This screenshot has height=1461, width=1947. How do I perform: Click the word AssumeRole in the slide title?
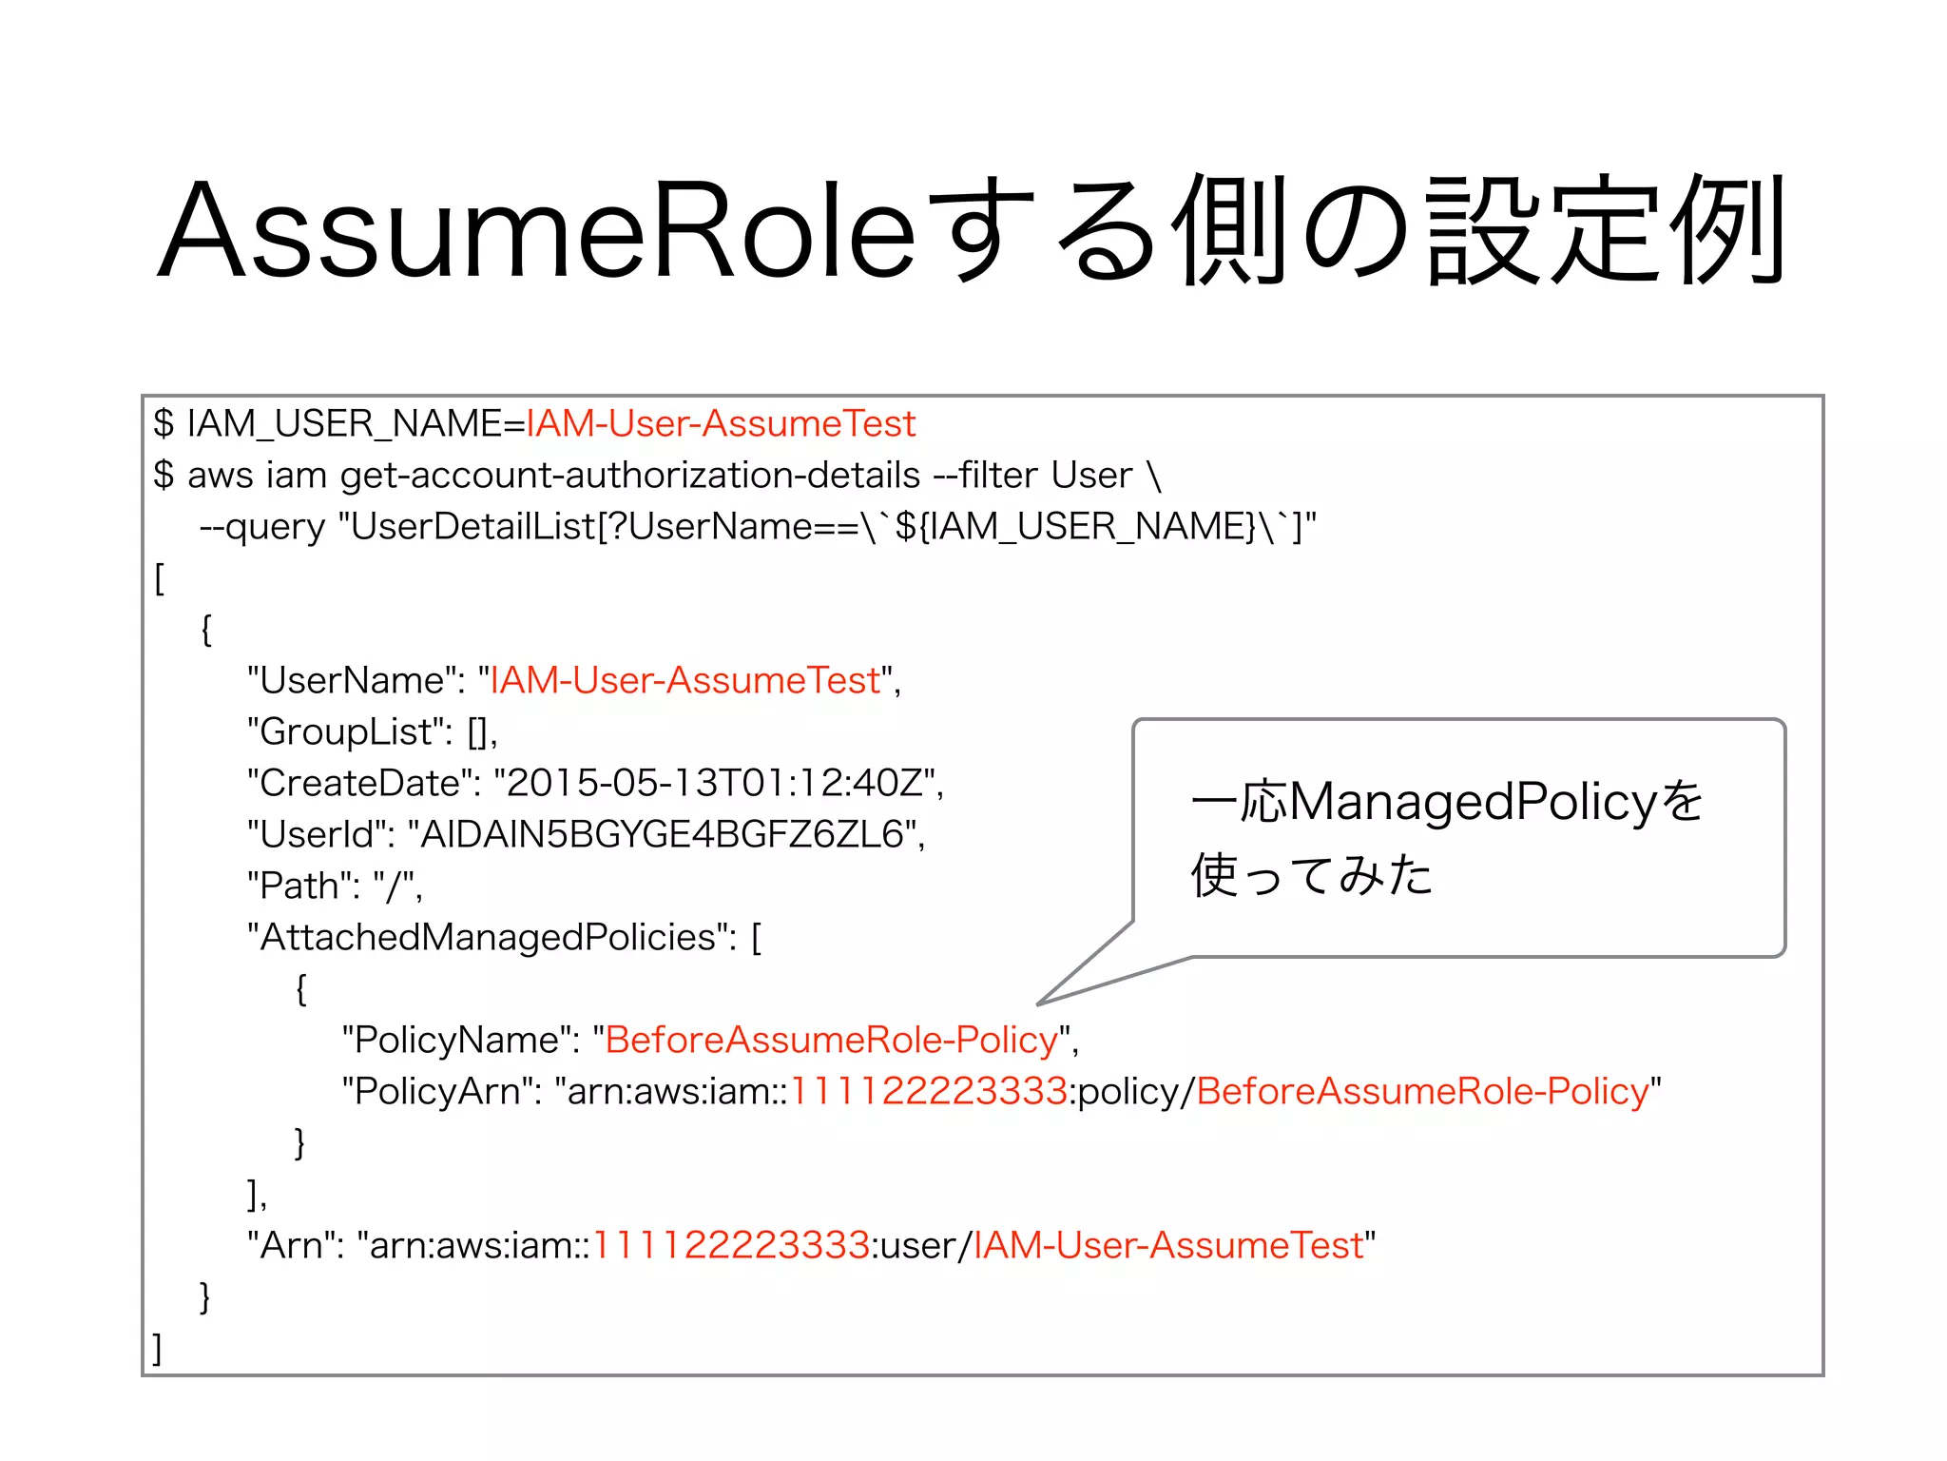[x=537, y=231]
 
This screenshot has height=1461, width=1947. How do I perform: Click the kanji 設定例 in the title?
[x=1607, y=231]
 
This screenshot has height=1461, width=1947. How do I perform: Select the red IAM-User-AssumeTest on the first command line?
[x=721, y=423]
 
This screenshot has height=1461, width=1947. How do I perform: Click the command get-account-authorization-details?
[x=630, y=475]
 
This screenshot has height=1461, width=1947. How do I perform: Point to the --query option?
[x=262, y=526]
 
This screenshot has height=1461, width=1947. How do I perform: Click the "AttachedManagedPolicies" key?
[x=491, y=937]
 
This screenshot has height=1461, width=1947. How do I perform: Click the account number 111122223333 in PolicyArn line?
[x=929, y=1091]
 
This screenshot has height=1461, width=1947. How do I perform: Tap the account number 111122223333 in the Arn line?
[x=731, y=1245]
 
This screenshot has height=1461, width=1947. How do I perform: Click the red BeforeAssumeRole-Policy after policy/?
[x=1422, y=1091]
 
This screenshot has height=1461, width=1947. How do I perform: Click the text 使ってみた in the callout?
[x=1312, y=874]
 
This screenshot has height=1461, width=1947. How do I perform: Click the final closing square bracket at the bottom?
[x=158, y=1348]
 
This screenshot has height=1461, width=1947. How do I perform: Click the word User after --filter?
[x=1092, y=475]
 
